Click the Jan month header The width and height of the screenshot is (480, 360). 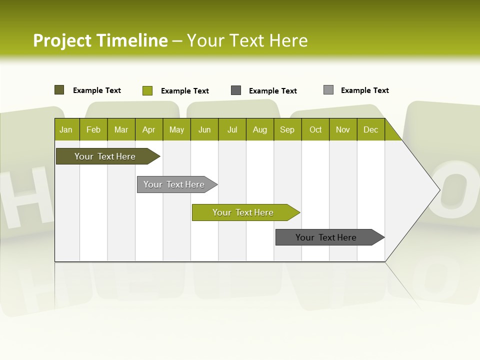(x=66, y=129)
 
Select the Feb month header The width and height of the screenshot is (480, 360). (x=93, y=129)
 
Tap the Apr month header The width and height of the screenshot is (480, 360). (x=149, y=129)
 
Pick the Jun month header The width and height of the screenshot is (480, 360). (x=204, y=129)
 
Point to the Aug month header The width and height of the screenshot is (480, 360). (x=260, y=129)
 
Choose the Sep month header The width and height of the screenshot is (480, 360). (x=287, y=129)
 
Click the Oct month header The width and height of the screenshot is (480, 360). (x=315, y=129)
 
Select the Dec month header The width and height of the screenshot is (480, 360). (x=371, y=129)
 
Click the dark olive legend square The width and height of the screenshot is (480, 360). (x=59, y=90)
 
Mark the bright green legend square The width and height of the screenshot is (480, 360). (x=147, y=90)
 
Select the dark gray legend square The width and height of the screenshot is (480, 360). (x=236, y=90)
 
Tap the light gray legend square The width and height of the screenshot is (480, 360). (x=328, y=90)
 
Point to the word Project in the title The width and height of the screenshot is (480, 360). (x=62, y=40)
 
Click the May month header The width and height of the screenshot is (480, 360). (x=176, y=129)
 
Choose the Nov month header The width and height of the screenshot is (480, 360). (x=343, y=129)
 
